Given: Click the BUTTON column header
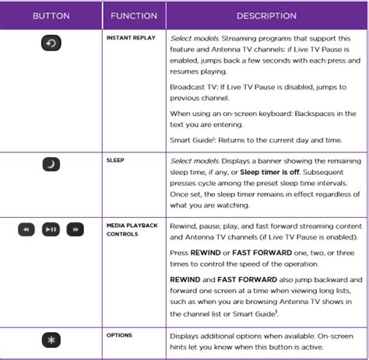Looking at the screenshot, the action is pos(51,15).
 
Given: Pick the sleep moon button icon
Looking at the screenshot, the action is pos(51,166).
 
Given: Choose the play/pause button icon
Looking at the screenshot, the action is pos(51,229).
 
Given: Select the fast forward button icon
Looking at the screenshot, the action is pos(76,229).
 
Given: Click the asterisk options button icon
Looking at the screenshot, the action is pos(51,342).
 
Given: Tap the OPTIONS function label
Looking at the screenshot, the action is pos(119,335).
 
